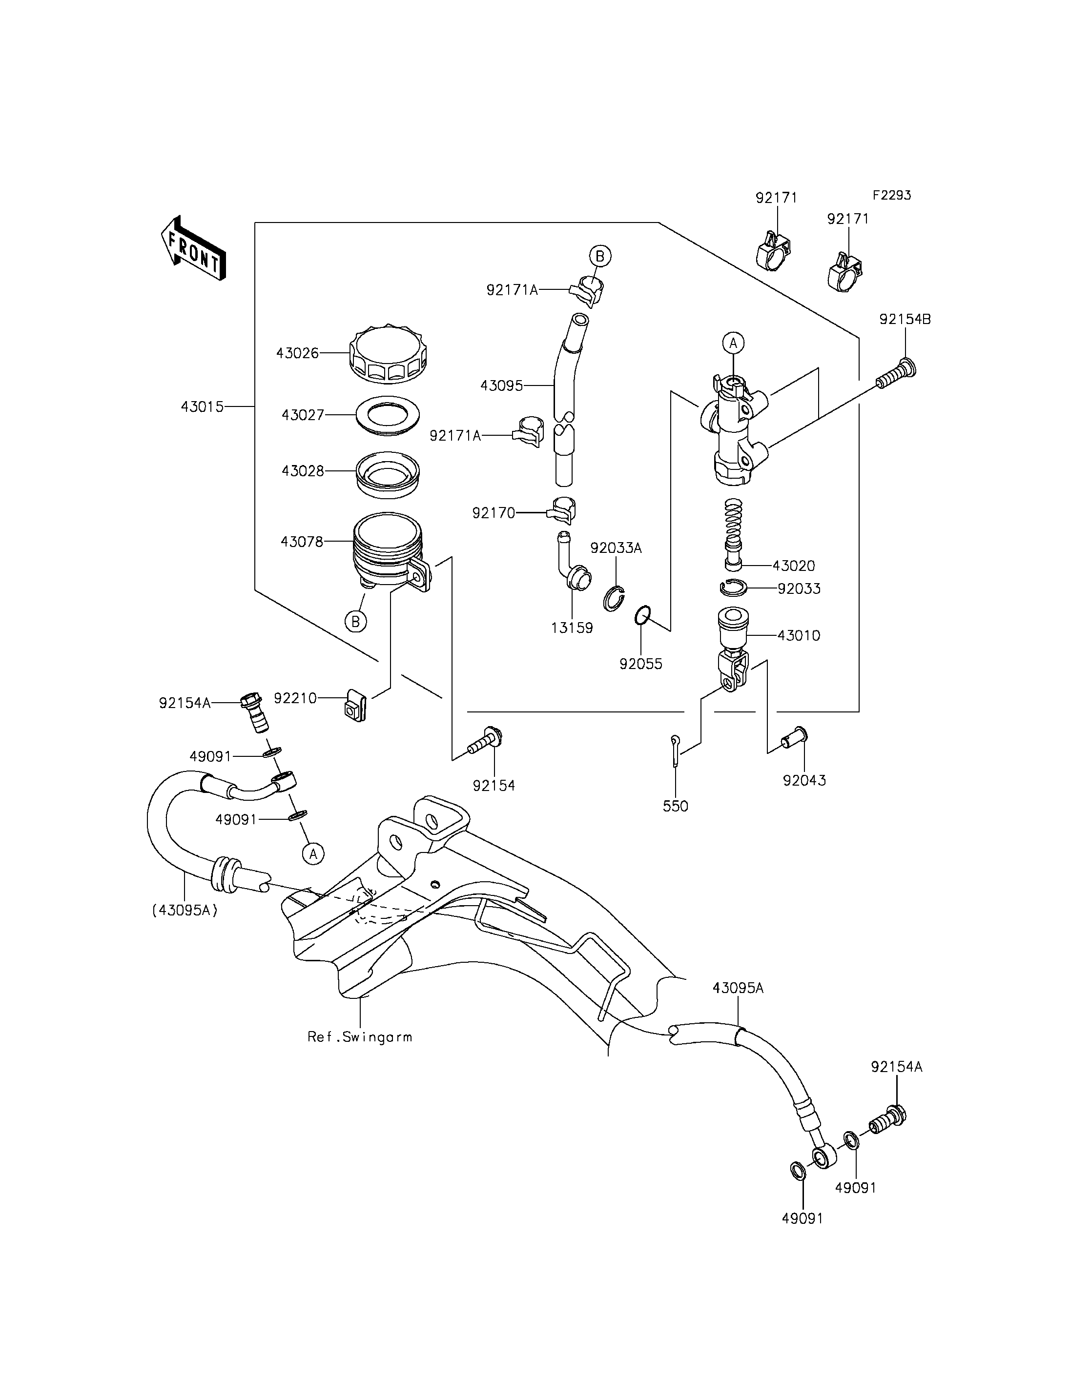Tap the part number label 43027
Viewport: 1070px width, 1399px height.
[303, 415]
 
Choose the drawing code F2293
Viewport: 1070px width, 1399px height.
[892, 196]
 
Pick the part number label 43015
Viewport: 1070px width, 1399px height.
[203, 406]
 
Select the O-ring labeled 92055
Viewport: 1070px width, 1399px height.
[643, 616]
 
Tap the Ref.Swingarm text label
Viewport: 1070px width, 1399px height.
[360, 1036]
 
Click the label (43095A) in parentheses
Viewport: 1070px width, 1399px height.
[185, 911]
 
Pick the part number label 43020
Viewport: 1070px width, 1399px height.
[794, 566]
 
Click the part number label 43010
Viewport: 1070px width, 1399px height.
[799, 635]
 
